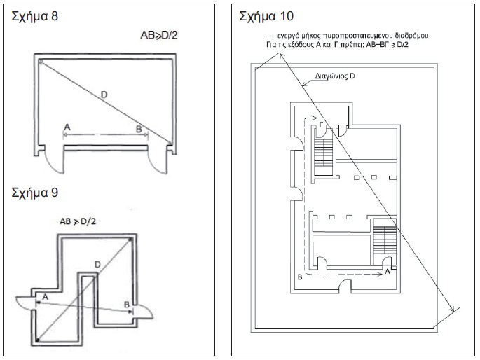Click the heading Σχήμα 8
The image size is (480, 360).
(x=34, y=17)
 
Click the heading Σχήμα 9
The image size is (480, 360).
(x=34, y=193)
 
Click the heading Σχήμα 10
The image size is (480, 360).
(x=266, y=16)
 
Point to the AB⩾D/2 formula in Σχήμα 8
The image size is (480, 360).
(x=159, y=36)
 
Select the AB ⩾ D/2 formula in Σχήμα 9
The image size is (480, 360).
(x=78, y=221)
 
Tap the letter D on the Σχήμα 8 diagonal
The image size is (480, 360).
(x=104, y=95)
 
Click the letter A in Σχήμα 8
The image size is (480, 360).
(x=67, y=127)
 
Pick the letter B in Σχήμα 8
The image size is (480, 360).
(x=139, y=129)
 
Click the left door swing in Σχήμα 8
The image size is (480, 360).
(x=55, y=162)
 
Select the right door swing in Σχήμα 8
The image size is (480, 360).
(x=158, y=162)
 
